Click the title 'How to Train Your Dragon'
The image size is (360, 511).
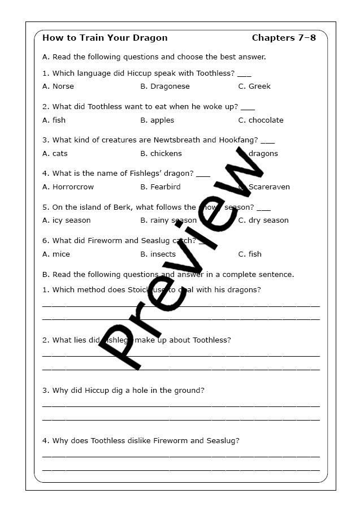click(x=105, y=38)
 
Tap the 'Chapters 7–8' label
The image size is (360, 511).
click(x=284, y=38)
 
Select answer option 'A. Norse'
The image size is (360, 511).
click(x=58, y=86)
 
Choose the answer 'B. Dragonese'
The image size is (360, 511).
click(x=165, y=86)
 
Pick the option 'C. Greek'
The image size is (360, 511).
click(x=254, y=86)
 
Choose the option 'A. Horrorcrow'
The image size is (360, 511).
click(x=68, y=187)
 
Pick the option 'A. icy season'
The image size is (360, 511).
click(x=66, y=220)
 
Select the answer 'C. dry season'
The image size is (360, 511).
click(x=263, y=220)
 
